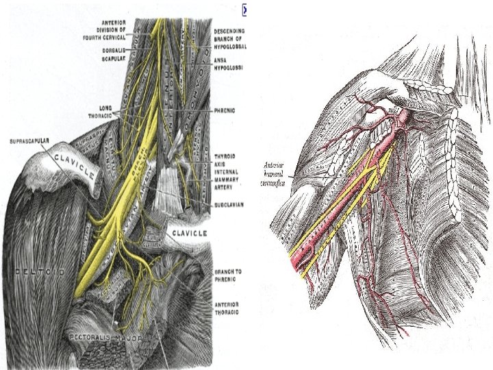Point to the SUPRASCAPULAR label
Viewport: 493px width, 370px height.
(29, 142)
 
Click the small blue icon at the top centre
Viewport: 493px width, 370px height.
(244, 10)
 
